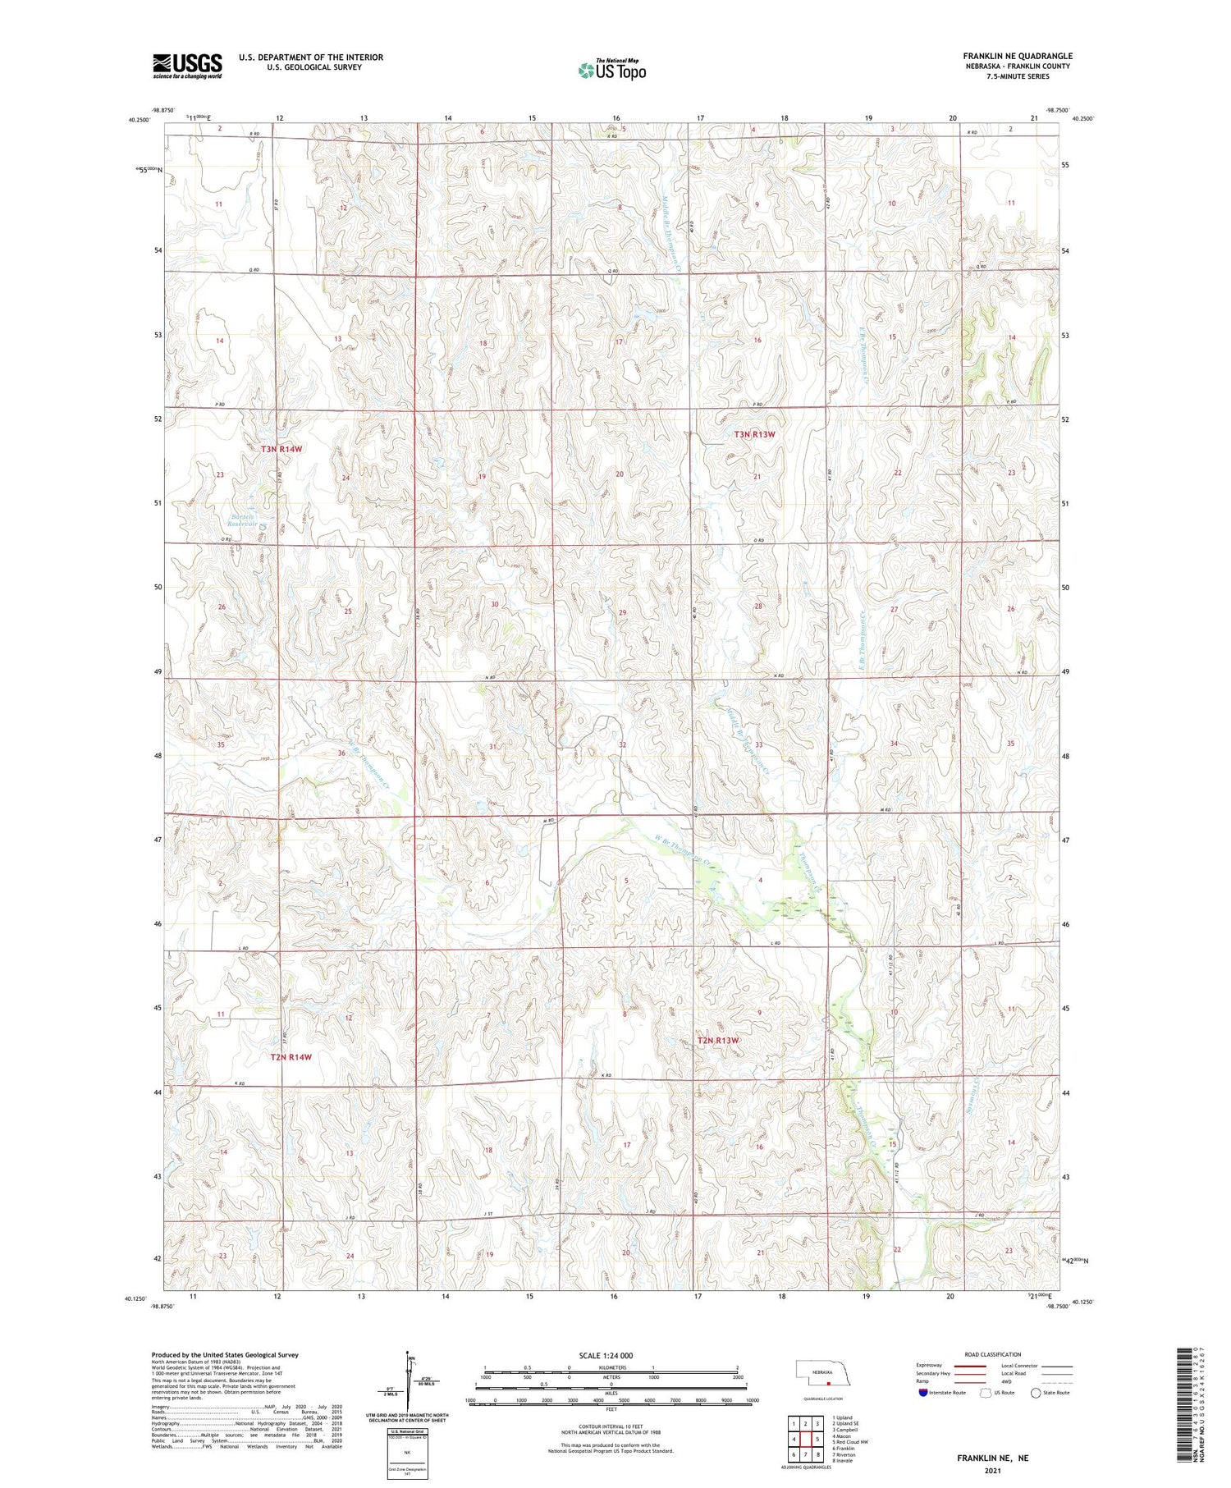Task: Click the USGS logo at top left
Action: point(187,66)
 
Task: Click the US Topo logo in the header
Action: point(611,70)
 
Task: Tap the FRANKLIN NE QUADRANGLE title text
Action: point(1018,57)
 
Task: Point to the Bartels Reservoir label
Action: point(242,520)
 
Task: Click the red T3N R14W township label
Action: point(281,449)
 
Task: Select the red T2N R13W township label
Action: point(717,1041)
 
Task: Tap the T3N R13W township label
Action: point(753,434)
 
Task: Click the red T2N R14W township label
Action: point(291,1057)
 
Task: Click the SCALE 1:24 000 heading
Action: point(606,1355)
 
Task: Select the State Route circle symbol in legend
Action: point(1036,1393)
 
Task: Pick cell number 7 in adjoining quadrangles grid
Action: point(806,1454)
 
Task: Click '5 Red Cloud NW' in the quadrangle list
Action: point(850,1441)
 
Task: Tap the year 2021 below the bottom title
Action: point(992,1470)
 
